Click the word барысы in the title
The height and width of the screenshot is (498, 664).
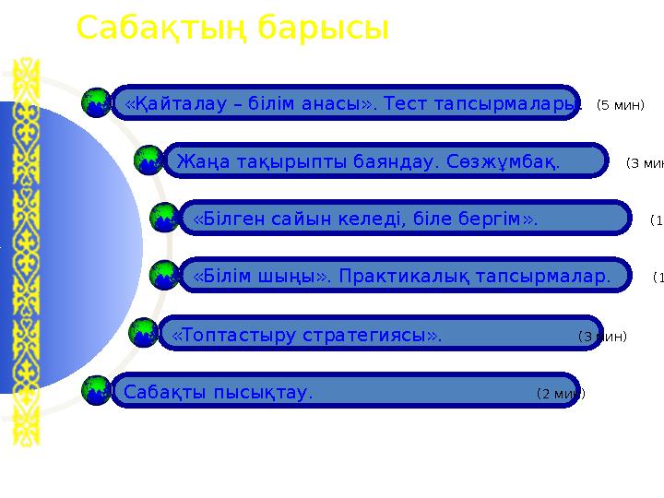(324, 29)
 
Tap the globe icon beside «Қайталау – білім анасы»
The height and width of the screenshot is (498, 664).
(96, 104)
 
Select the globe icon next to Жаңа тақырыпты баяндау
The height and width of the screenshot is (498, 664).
(148, 160)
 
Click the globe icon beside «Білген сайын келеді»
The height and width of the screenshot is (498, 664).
(163, 219)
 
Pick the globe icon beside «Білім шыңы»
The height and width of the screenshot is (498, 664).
(163, 274)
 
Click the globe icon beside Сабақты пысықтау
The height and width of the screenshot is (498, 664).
(96, 390)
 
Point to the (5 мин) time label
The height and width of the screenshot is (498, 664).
(620, 105)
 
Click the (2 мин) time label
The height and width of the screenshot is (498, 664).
(560, 394)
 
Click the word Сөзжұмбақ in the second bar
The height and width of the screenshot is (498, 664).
(512, 162)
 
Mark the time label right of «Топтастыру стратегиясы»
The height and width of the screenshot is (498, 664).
(602, 337)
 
